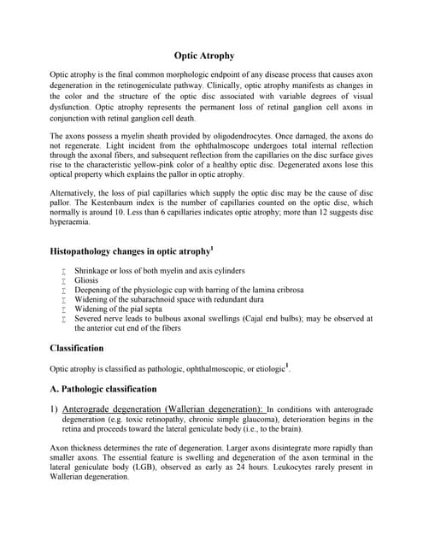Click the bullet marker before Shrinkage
coord(65,270)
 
